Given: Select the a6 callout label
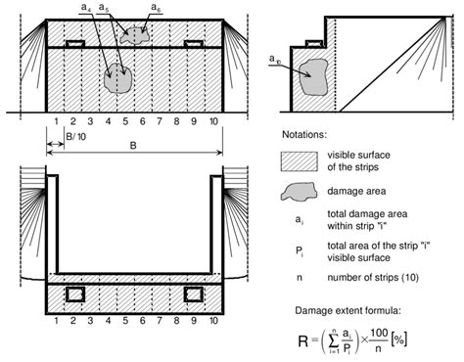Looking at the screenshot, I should (x=155, y=8).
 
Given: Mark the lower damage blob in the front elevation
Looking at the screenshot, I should (x=118, y=77).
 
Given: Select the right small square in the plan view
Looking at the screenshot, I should (x=193, y=294).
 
